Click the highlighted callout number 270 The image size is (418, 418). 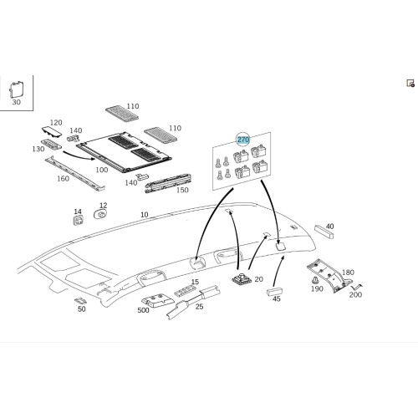pos(243,140)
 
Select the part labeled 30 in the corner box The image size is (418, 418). pos(17,89)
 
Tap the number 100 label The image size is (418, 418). pos(102,170)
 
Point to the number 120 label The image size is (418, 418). pos(56,123)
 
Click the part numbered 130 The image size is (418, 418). pos(51,144)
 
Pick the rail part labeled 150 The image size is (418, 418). pos(168,183)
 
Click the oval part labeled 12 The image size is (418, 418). pos(101,215)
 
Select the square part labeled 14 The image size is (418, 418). pos(79,221)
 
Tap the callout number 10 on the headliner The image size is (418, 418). pos(145,215)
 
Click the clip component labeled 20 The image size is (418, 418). pos(242,278)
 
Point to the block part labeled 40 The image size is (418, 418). pos(324,232)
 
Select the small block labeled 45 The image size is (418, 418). pos(274,292)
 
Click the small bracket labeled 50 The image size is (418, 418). pos(80,301)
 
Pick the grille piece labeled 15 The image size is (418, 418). pos(186,291)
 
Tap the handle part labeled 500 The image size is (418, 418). pos(158,300)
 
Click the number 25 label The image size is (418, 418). pos(199,307)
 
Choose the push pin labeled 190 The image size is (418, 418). pos(315,280)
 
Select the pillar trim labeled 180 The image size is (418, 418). pos(329,275)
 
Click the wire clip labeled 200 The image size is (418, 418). pos(356,287)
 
